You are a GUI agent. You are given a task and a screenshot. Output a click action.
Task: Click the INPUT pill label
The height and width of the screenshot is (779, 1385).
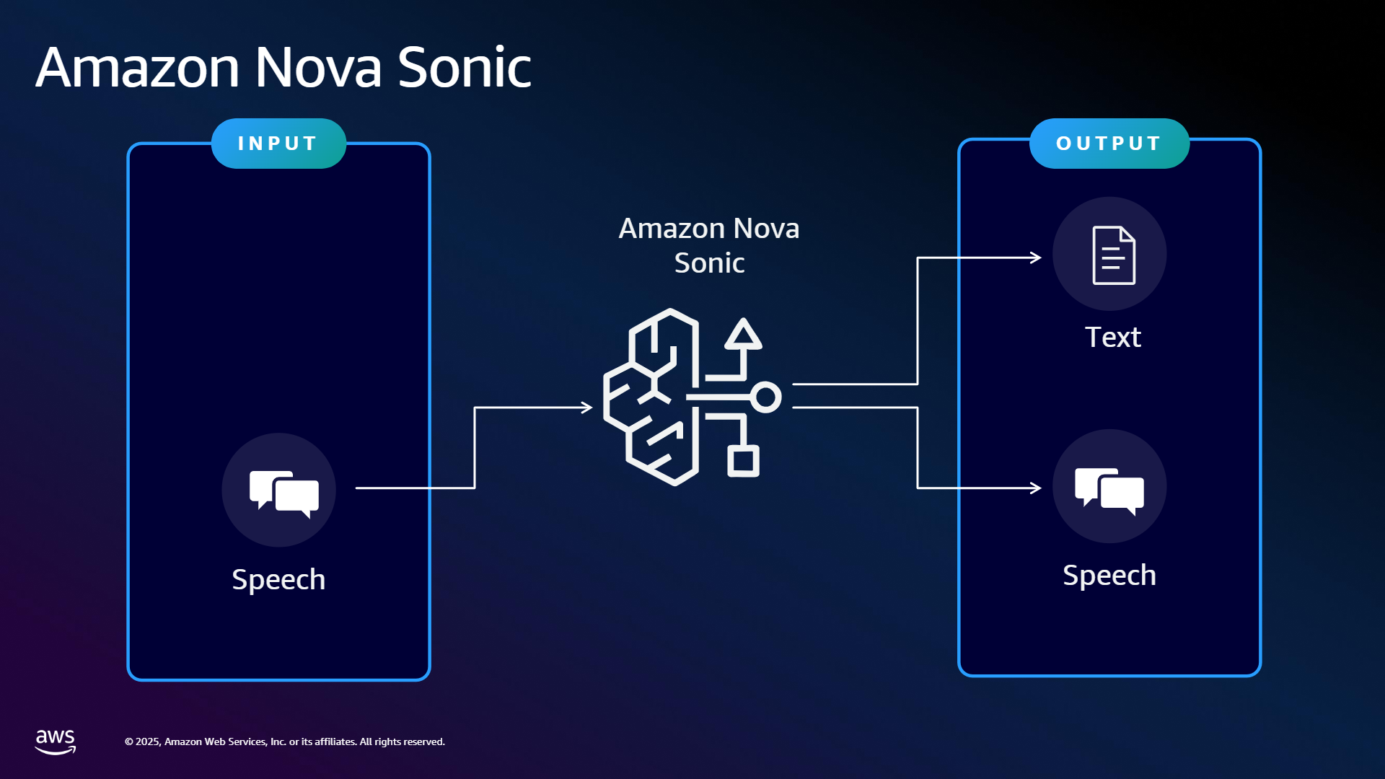click(x=278, y=144)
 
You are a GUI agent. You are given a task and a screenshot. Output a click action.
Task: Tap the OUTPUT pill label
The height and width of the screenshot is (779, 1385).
click(x=1109, y=144)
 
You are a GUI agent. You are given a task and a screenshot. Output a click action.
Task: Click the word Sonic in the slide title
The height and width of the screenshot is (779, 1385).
click(x=465, y=67)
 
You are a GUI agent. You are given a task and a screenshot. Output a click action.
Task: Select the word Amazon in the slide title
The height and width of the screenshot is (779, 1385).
click(x=138, y=67)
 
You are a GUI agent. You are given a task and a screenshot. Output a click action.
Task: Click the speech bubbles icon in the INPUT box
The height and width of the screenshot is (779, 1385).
click(x=284, y=493)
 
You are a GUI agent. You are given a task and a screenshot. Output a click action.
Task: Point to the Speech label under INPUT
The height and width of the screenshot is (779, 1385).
click(x=278, y=579)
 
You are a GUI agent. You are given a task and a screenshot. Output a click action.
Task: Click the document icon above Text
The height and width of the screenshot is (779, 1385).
click(x=1114, y=255)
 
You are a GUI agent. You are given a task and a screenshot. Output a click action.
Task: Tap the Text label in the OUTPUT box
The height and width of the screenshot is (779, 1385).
click(x=1113, y=337)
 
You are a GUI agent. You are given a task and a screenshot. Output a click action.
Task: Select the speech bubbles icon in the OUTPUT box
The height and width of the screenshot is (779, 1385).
click(x=1109, y=491)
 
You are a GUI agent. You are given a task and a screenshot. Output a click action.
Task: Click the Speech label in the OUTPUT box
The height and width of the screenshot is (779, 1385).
click(x=1109, y=576)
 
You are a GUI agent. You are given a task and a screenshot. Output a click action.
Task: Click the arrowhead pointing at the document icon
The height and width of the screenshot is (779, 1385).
click(x=1036, y=258)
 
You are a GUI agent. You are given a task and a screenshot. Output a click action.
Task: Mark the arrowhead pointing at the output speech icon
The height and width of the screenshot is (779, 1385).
click(x=1036, y=488)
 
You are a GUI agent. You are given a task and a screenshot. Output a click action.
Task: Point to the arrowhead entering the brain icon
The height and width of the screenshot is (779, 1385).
click(x=587, y=408)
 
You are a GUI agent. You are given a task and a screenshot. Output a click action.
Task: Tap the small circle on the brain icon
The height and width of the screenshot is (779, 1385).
click(x=765, y=397)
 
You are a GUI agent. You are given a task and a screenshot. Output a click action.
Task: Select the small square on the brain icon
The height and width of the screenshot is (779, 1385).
click(x=743, y=462)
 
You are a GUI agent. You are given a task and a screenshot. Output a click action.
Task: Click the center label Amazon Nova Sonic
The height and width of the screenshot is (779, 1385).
click(x=709, y=245)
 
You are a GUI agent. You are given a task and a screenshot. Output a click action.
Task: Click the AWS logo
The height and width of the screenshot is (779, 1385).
click(x=56, y=741)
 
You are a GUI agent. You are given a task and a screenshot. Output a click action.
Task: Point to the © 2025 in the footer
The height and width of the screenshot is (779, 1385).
click(x=142, y=741)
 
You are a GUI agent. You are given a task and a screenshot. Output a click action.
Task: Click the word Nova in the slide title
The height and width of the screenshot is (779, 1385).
click(x=318, y=67)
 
